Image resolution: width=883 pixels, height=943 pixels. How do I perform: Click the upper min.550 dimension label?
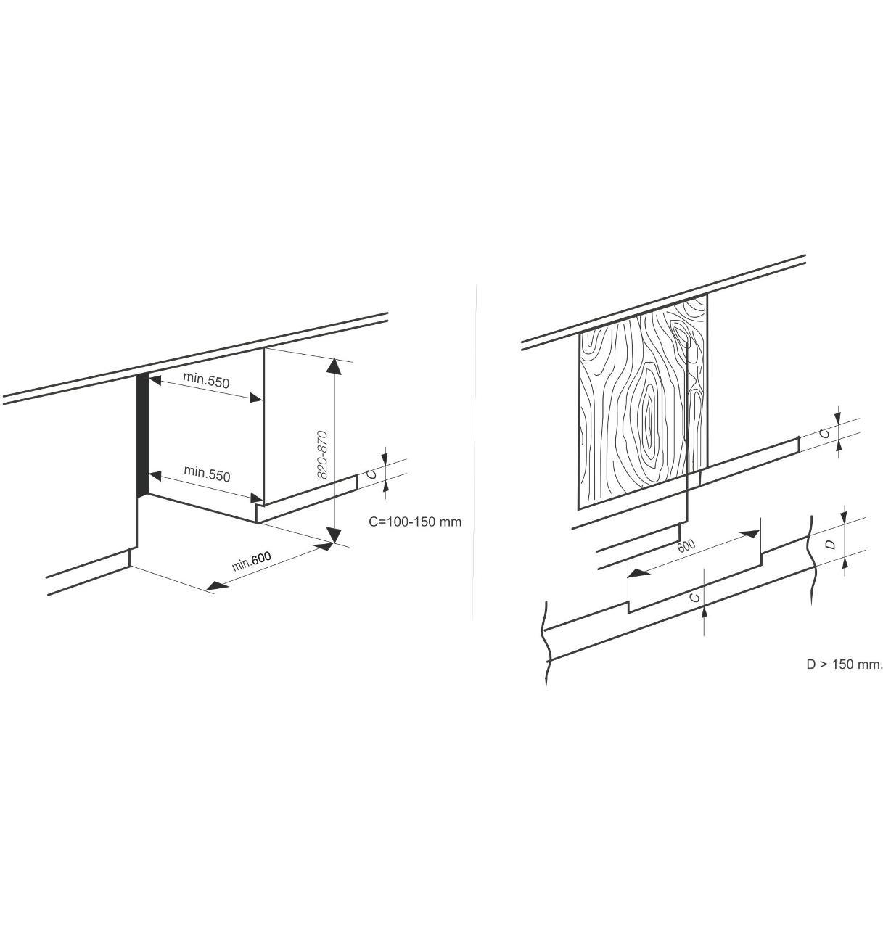click(x=205, y=380)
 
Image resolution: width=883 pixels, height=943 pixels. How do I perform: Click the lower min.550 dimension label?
click(x=207, y=474)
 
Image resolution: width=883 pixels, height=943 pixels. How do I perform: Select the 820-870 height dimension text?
click(x=322, y=455)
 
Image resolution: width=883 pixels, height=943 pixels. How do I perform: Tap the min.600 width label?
click(x=251, y=561)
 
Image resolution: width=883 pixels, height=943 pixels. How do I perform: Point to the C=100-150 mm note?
click(x=415, y=522)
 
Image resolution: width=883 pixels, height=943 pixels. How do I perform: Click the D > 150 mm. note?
click(x=844, y=664)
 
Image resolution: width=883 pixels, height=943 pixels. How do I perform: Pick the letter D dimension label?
click(x=830, y=544)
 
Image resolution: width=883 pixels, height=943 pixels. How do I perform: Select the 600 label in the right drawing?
click(x=686, y=546)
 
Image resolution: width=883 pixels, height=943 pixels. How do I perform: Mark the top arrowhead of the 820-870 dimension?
click(x=335, y=366)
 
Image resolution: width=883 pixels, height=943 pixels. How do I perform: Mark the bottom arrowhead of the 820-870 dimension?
click(x=335, y=535)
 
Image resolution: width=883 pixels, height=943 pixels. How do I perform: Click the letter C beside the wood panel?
click(x=826, y=433)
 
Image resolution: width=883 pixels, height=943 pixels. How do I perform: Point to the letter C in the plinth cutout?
click(x=695, y=597)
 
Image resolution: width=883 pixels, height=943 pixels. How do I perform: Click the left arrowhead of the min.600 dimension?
click(x=217, y=587)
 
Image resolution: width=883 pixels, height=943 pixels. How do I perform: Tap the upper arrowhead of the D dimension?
click(x=844, y=514)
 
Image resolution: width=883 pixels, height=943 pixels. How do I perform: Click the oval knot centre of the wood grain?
click(x=649, y=414)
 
